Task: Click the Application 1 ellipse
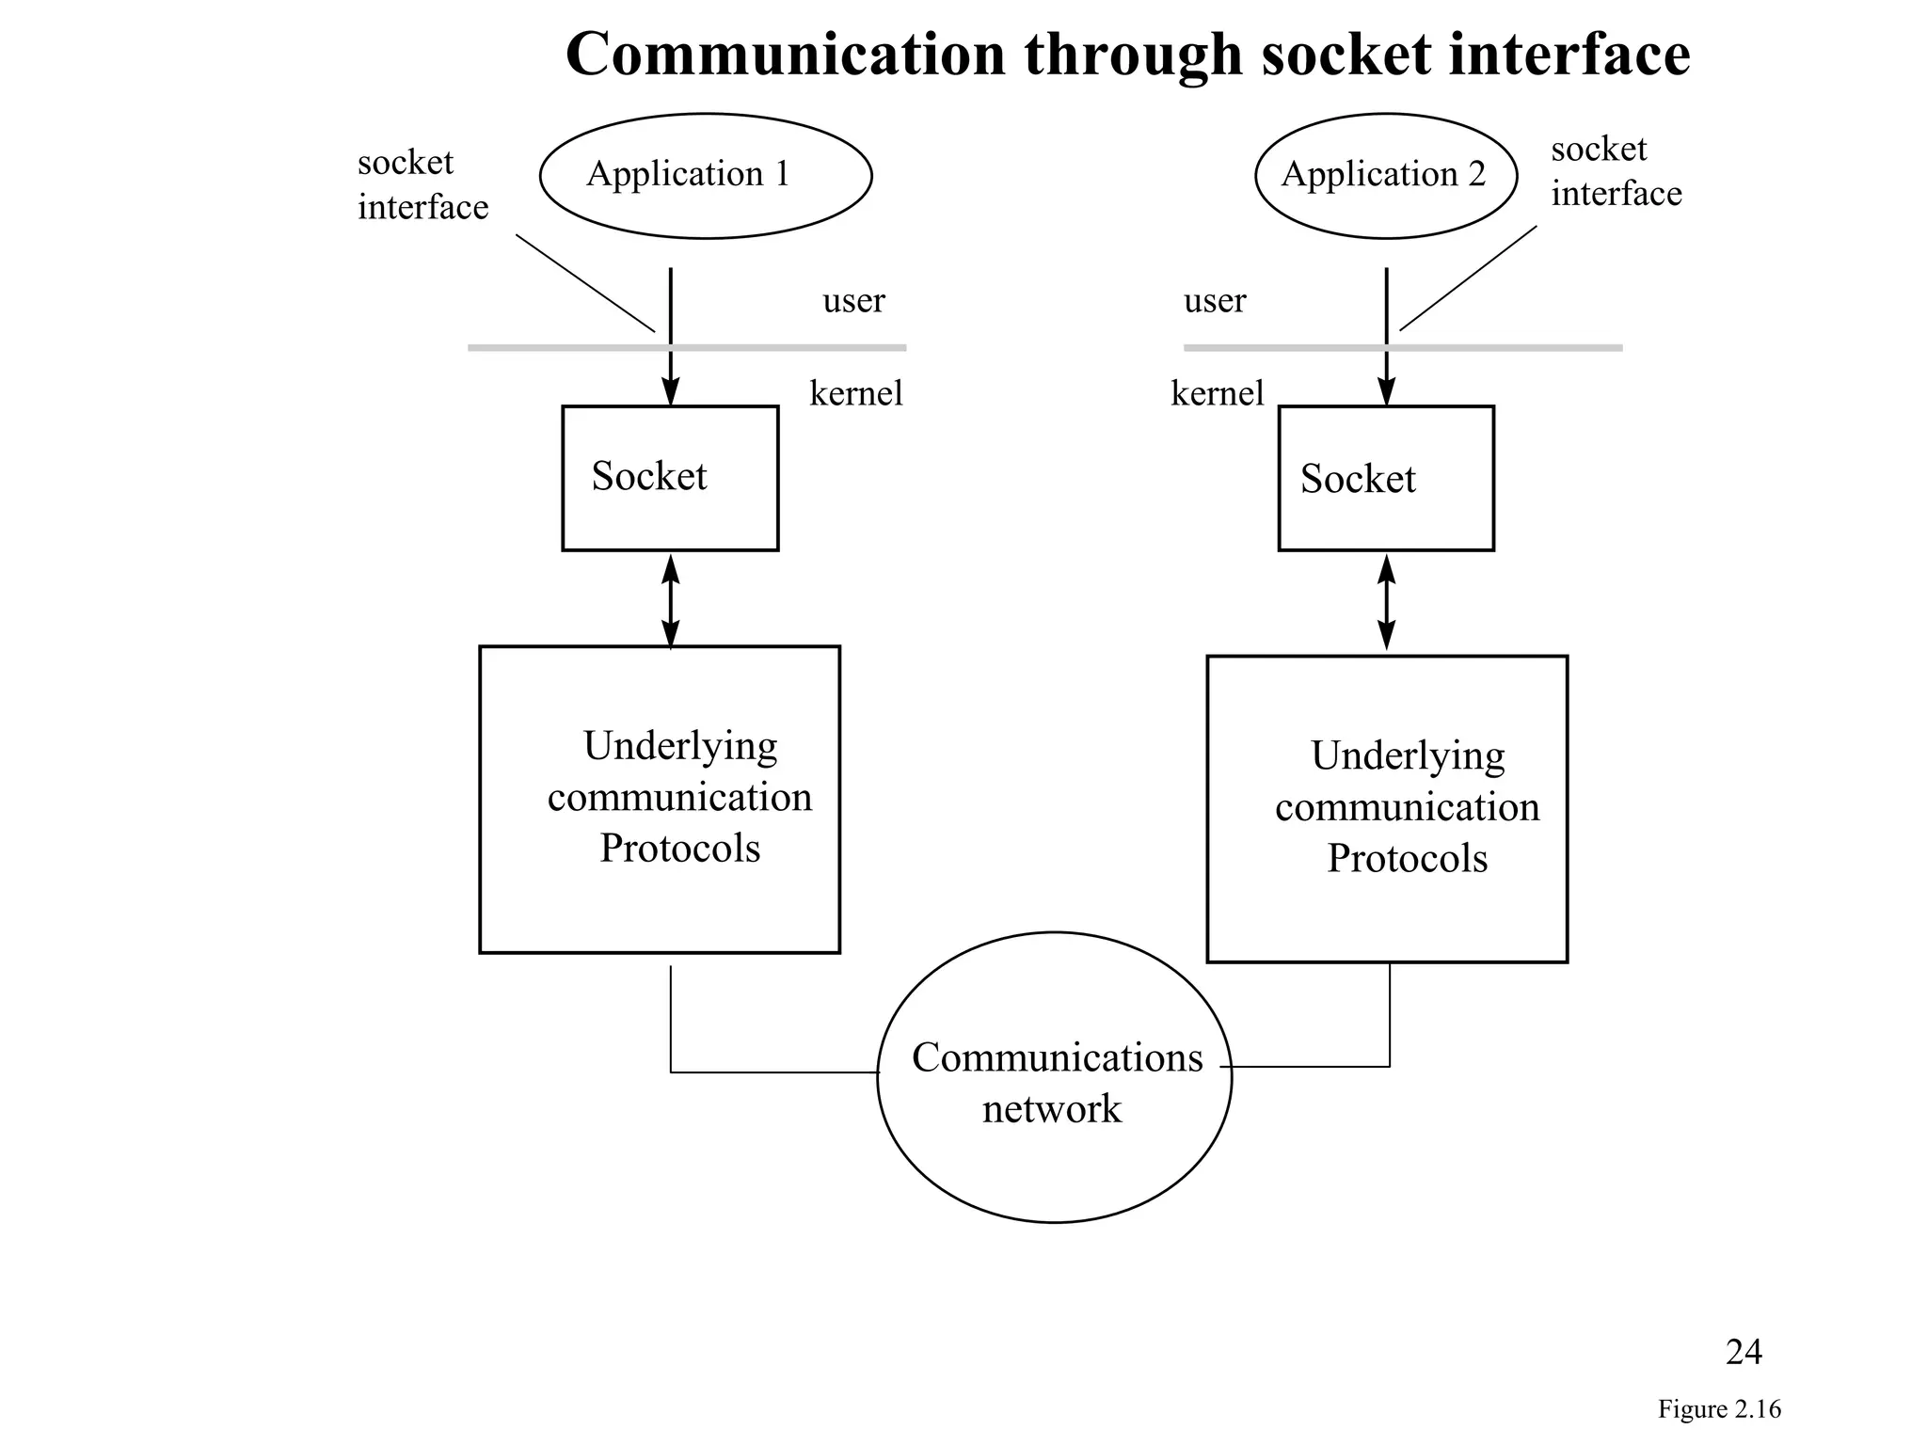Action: tap(706, 176)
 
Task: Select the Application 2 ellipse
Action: tap(1385, 176)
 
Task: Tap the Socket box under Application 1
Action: tap(670, 478)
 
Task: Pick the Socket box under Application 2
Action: tap(1385, 478)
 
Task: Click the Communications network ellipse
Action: tap(1054, 1082)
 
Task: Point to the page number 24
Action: tap(1743, 1352)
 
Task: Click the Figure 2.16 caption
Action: tap(1718, 1409)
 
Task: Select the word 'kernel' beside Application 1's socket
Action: tap(855, 393)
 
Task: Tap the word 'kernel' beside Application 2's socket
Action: tap(1217, 393)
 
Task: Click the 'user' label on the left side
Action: tap(853, 301)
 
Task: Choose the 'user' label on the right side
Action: tap(1214, 301)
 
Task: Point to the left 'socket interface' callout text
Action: tap(422, 185)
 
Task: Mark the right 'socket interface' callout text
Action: tap(1616, 171)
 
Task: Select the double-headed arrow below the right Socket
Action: tap(1386, 602)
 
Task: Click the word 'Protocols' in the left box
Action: tap(679, 849)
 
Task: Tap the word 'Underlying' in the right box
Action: tap(1407, 755)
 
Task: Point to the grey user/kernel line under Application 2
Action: tap(1505, 348)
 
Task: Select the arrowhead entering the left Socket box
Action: tap(671, 392)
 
